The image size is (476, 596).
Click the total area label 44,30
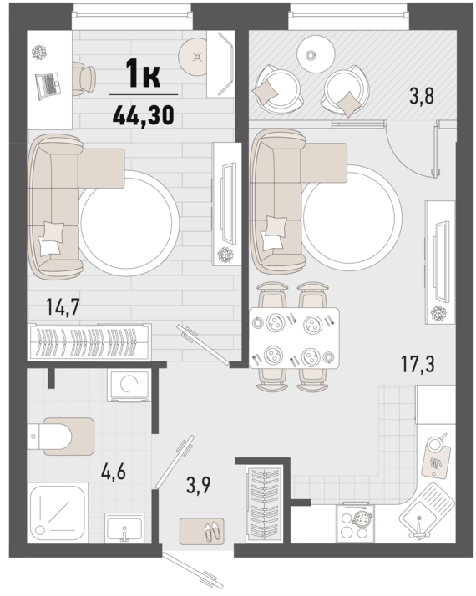pos(144,115)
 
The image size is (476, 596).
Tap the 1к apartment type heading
pos(144,74)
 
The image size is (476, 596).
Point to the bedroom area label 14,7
pos(63,307)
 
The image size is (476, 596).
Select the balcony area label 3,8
pos(422,96)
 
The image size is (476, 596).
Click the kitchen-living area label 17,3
pos(418,363)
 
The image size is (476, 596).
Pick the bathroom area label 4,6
pos(114,472)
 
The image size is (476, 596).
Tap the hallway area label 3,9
pos(199,485)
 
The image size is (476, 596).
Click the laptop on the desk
pos(48,86)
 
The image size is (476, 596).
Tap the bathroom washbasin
pos(124,528)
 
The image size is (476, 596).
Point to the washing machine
pos(129,385)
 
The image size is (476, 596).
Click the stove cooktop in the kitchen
pos(355,523)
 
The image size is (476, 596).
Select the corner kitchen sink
pos(427,512)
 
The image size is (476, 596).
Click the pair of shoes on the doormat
pos(212,532)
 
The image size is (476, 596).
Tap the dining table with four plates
pos(294,338)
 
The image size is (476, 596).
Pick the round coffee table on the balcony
pos(316,54)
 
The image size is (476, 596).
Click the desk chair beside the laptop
pos(84,79)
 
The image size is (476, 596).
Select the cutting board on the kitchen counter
pos(436,462)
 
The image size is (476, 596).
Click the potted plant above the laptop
pos(38,52)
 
